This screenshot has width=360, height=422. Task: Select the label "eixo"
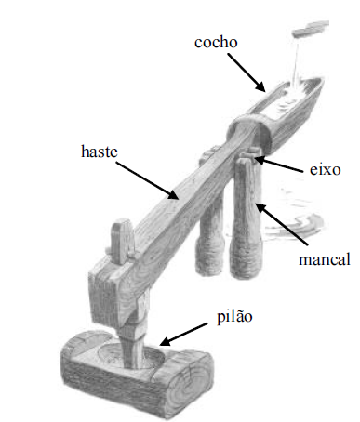pyautogui.click(x=326, y=169)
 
